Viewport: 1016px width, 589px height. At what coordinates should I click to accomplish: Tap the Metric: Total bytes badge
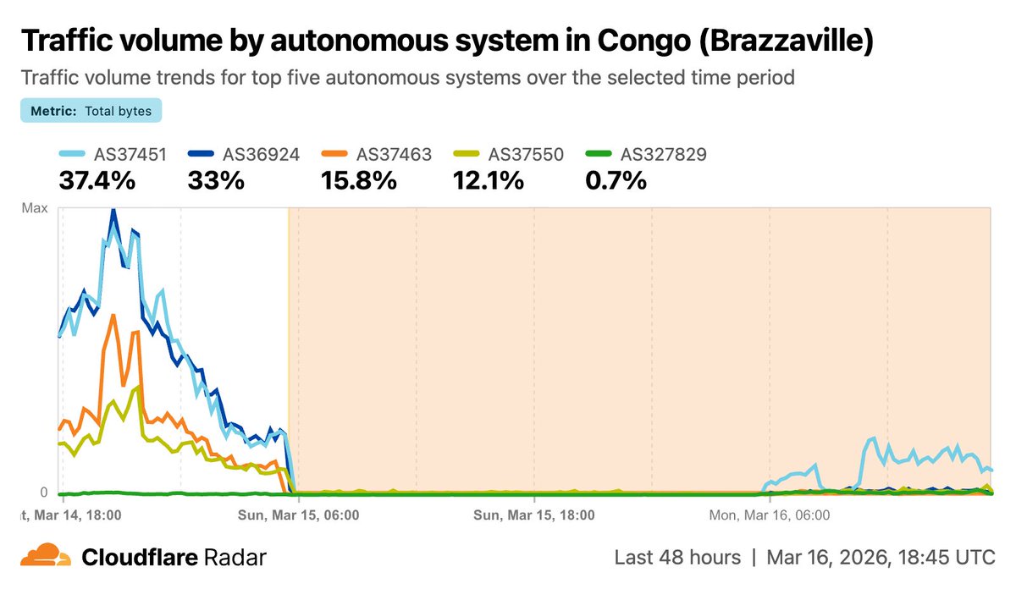[91, 111]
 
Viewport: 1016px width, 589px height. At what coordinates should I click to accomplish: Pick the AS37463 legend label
[394, 155]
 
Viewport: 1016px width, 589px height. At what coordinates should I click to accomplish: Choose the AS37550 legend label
[526, 155]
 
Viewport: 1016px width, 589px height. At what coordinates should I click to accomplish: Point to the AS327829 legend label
[663, 155]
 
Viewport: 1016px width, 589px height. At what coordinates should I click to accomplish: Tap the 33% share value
[217, 180]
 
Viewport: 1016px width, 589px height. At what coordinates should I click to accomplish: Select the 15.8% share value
[359, 180]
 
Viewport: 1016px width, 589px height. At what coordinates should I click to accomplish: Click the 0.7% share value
[616, 180]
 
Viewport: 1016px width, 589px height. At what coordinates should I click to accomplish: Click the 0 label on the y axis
[43, 493]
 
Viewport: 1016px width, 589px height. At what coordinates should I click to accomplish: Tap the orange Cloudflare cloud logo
[46, 558]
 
